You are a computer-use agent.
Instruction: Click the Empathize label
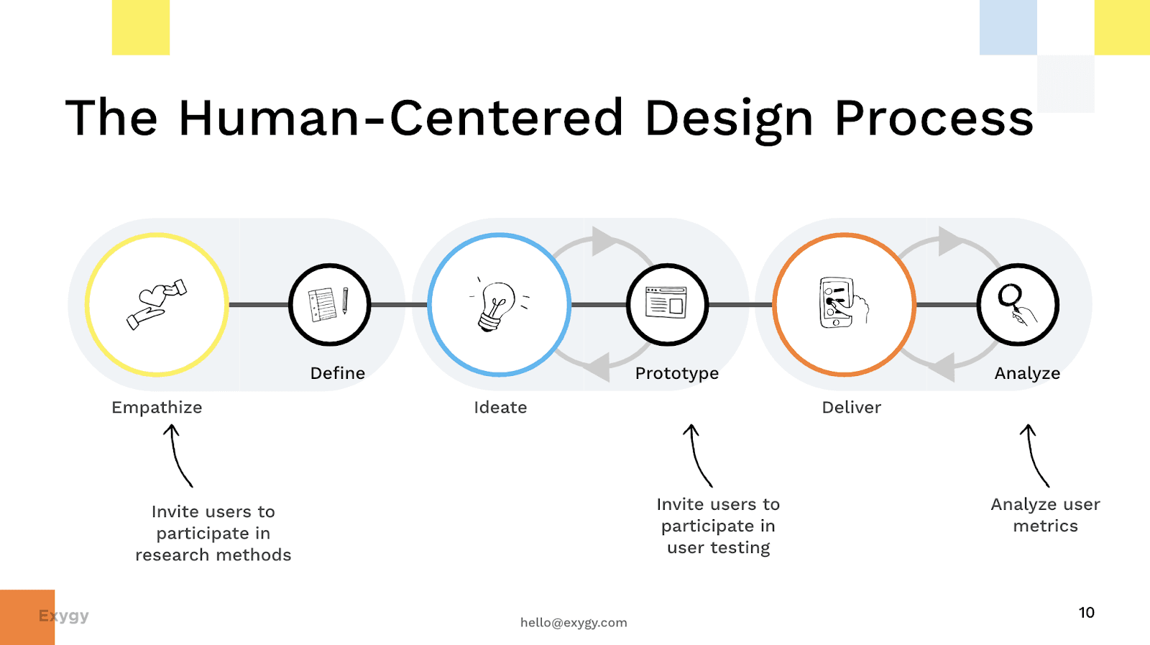click(157, 408)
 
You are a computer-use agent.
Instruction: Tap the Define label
click(337, 373)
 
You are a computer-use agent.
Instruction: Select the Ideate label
click(500, 408)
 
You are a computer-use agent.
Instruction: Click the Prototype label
click(676, 373)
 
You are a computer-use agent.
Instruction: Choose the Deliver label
click(851, 408)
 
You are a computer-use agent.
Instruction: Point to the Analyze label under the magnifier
click(1027, 373)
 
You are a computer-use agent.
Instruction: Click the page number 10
click(1086, 613)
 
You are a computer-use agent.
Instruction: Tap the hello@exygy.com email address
click(574, 623)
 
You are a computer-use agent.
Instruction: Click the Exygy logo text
click(63, 616)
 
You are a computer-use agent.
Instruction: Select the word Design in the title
click(729, 119)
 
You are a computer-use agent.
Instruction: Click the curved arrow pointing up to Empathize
click(178, 455)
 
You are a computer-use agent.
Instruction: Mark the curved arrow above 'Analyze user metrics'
click(1034, 455)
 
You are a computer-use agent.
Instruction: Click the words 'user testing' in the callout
click(718, 548)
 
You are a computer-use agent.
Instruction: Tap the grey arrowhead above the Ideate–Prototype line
click(602, 242)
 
